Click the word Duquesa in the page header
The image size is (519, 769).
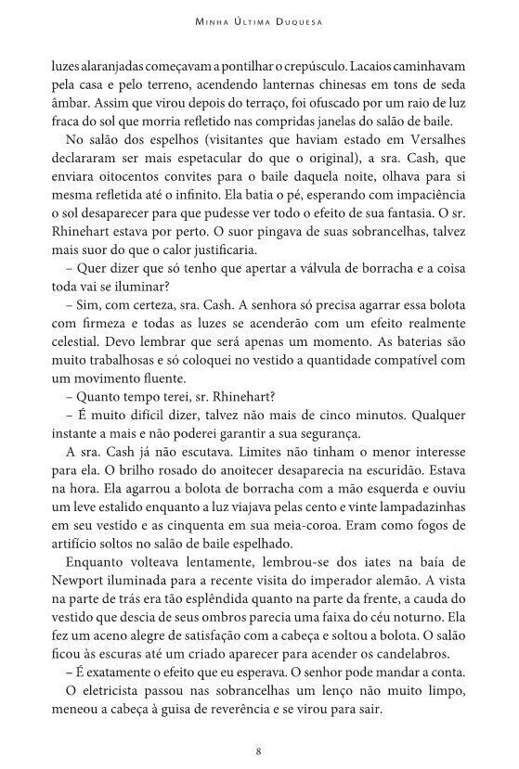[293, 19]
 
